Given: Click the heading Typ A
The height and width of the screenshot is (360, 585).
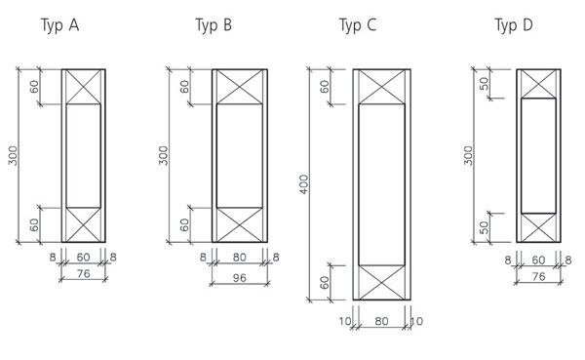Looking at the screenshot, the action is (x=59, y=25).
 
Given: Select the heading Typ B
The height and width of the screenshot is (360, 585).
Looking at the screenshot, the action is (x=214, y=25).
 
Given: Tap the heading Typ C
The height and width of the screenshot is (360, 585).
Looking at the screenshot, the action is (x=358, y=25).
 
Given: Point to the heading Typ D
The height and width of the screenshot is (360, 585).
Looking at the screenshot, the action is (x=514, y=25).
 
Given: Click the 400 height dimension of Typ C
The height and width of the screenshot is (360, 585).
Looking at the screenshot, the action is (x=304, y=184).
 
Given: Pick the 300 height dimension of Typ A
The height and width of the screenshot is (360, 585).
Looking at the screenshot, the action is (x=13, y=155).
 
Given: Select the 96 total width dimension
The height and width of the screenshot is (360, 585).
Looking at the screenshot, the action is (x=239, y=277).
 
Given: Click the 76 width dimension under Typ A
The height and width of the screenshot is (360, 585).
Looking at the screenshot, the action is (x=83, y=274).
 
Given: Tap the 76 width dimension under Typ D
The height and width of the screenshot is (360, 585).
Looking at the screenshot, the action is (x=538, y=276).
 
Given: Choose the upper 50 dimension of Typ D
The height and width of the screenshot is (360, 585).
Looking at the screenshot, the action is (x=484, y=83).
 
